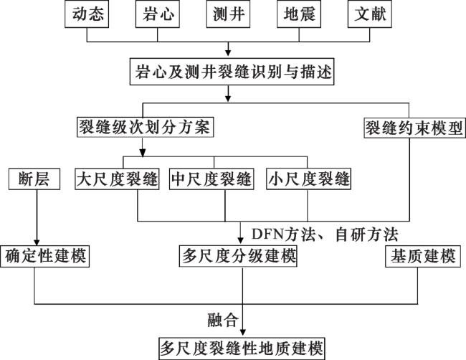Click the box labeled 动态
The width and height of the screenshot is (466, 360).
click(87, 14)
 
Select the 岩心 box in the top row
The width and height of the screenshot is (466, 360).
click(158, 14)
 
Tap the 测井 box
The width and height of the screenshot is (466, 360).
click(228, 14)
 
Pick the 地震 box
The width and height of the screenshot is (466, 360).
click(299, 14)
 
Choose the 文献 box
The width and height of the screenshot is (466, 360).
click(370, 14)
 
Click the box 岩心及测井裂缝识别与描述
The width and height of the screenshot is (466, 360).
click(232, 72)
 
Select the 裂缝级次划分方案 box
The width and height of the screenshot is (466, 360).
click(145, 128)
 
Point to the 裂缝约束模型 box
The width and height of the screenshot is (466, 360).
click(414, 128)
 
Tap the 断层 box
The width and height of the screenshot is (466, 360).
click(34, 179)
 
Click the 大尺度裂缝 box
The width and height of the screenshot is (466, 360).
click(117, 179)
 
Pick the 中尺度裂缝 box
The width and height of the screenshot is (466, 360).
click(211, 179)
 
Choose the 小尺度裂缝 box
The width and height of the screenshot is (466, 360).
click(308, 179)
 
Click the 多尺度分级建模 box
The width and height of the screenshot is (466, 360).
click(238, 256)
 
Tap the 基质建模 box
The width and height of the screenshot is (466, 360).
click(423, 256)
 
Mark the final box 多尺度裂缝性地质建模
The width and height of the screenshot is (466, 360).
click(242, 349)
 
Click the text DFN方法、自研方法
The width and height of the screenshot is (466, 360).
click(325, 235)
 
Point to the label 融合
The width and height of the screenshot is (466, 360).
click(223, 320)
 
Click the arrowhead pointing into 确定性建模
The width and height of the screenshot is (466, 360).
click(37, 242)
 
